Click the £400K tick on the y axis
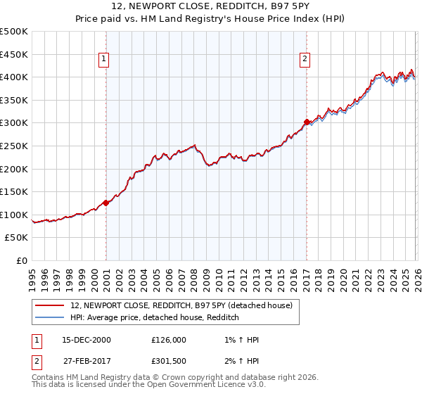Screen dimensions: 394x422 tap(14, 77)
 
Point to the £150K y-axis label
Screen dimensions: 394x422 tap(14, 191)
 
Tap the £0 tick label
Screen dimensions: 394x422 tap(22, 260)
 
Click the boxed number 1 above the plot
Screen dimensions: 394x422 tap(103, 60)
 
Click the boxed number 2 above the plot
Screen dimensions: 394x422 tap(305, 60)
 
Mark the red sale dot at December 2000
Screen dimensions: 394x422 tap(105, 203)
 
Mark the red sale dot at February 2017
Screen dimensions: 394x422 tap(307, 122)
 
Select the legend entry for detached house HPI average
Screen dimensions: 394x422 tap(155, 318)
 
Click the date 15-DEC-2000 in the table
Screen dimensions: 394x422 tap(86, 340)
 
